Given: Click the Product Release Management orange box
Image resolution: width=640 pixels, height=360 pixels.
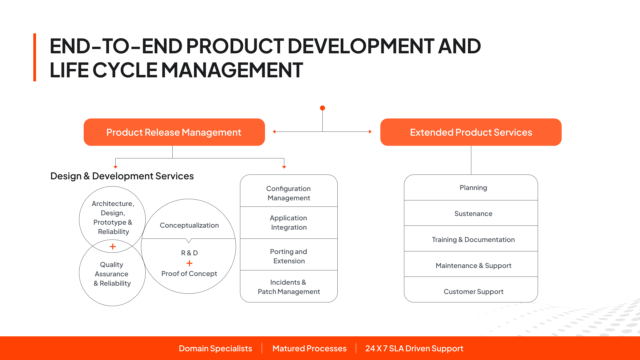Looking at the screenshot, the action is (174, 132).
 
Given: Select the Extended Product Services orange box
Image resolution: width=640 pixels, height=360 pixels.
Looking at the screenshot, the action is (471, 132).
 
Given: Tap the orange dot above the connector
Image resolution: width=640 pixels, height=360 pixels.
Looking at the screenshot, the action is (322, 108).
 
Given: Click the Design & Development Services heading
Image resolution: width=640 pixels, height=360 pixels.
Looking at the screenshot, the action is (122, 176).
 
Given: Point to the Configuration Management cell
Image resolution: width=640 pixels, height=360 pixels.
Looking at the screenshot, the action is (289, 191).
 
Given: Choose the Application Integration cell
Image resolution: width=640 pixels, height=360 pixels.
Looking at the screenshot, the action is (289, 223).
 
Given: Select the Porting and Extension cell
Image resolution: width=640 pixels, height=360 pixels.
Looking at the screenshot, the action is (289, 254).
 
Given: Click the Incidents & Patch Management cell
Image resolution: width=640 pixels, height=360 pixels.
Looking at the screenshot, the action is (289, 286).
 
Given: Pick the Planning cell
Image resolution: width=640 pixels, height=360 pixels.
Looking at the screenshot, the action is (471, 187).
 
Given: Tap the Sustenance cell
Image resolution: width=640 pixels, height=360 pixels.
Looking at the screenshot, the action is (471, 213).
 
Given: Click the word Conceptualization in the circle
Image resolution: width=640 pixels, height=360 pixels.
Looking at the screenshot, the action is (189, 225).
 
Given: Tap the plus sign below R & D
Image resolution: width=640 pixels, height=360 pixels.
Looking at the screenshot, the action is (189, 263).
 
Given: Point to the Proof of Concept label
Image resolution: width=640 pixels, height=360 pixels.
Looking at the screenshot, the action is (189, 274).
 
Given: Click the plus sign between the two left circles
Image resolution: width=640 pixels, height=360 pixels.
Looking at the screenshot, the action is (113, 247).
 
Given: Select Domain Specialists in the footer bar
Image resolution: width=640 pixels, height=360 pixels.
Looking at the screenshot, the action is (215, 348).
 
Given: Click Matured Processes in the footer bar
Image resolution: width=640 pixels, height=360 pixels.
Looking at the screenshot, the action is (309, 348).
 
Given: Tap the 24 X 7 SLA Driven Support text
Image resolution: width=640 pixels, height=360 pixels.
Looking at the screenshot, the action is (414, 348).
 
